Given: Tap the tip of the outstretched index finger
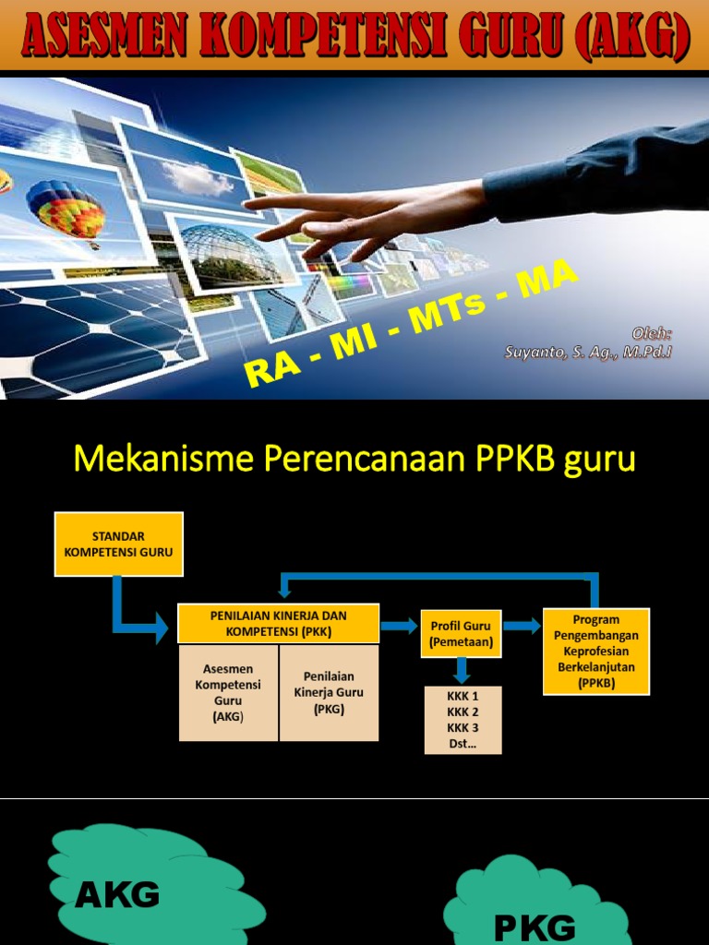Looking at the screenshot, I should (x=246, y=201).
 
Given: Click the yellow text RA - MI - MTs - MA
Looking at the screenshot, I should (x=411, y=323).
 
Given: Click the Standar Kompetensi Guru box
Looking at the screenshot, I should (x=119, y=544).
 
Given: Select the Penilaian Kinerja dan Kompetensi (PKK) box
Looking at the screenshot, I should (x=278, y=624).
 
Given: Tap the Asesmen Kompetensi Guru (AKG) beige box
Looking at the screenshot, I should (x=227, y=692).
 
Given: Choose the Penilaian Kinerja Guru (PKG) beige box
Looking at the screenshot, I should (x=329, y=692).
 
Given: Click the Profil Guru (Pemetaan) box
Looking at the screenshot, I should (x=462, y=633).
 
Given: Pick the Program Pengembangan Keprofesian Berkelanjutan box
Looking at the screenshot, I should (x=596, y=652).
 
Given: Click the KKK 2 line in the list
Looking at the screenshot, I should (x=463, y=712).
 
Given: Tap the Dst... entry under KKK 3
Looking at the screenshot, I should (x=463, y=741).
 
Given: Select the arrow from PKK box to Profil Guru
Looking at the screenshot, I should (x=399, y=626).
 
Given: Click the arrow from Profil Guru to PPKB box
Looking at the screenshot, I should (x=522, y=626).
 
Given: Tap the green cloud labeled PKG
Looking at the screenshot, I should (x=535, y=914).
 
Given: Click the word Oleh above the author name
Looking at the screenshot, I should (x=651, y=333).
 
